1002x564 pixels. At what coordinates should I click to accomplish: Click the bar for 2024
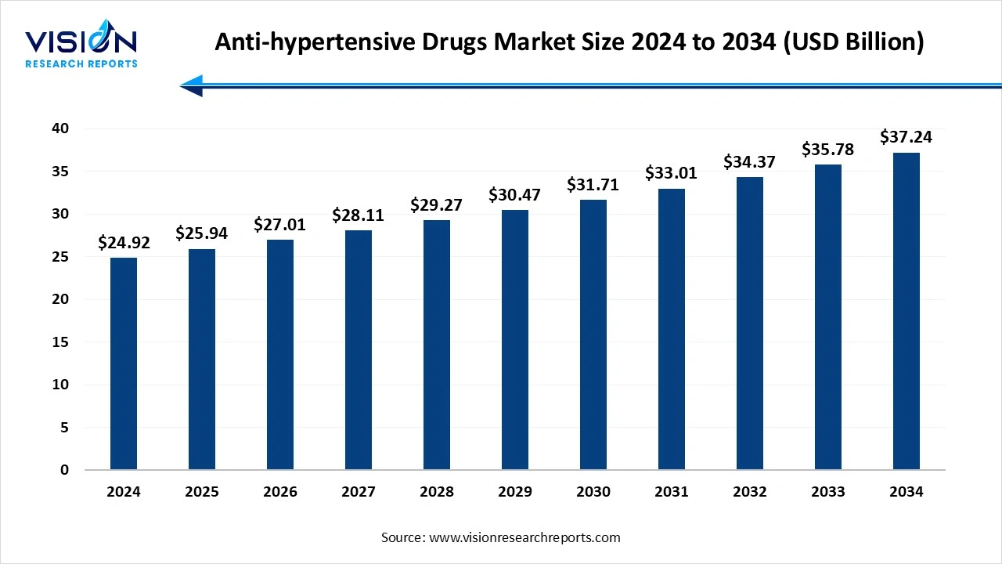(124, 364)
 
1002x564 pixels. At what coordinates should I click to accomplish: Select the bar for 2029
(515, 340)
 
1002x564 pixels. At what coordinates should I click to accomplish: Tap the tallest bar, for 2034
(906, 311)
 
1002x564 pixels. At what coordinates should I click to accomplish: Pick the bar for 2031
(672, 329)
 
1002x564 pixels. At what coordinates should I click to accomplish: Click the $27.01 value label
(280, 225)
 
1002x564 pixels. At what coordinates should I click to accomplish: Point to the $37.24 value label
(906, 137)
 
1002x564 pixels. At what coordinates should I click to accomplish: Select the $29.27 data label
(437, 205)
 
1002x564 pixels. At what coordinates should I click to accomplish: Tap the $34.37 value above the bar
(750, 162)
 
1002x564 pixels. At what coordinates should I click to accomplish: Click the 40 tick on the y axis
(62, 128)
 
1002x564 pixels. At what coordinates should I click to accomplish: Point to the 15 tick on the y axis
(62, 342)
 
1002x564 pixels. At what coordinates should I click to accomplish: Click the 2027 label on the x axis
(359, 492)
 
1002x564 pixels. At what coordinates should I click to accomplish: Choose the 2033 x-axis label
(828, 492)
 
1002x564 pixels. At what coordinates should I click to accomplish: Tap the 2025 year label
(202, 492)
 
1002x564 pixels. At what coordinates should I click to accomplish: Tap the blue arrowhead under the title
(192, 85)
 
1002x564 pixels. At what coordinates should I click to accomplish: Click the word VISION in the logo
(81, 42)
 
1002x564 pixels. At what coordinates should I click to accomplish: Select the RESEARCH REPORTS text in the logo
(81, 63)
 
